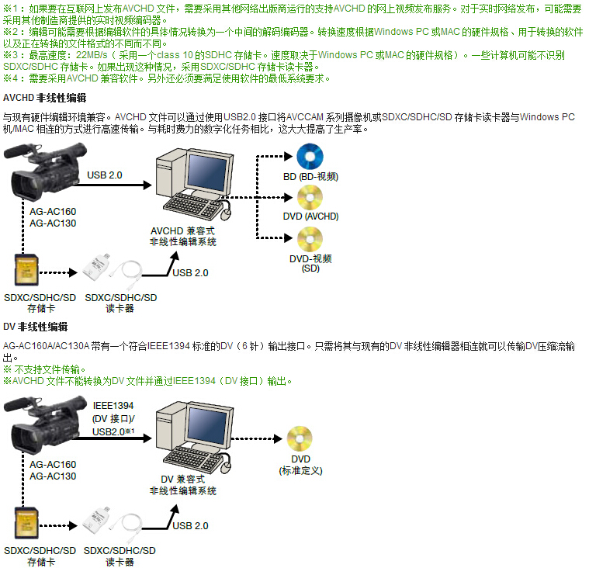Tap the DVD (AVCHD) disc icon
click(310, 198)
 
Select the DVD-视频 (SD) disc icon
click(310, 237)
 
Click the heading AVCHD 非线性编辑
click(44, 99)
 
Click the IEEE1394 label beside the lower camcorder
click(113, 406)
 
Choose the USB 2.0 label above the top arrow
click(105, 175)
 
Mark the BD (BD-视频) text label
click(310, 177)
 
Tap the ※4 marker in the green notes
click(9, 78)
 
